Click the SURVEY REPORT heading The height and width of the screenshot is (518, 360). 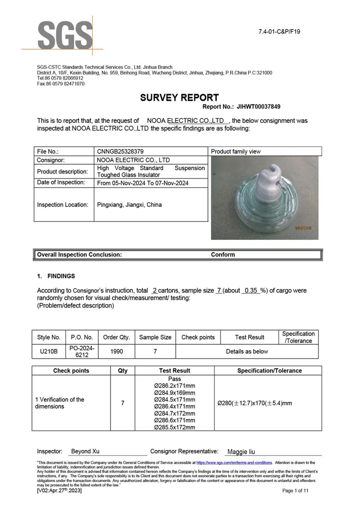179,98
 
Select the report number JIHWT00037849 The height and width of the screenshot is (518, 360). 257,107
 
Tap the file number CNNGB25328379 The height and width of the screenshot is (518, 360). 121,152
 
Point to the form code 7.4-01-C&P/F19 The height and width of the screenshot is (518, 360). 279,32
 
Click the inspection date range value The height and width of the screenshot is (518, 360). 143,183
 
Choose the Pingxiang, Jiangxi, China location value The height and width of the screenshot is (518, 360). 129,205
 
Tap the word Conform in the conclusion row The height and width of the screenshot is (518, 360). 223,255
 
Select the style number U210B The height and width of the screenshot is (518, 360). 49,351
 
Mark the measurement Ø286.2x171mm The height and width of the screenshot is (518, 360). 175,386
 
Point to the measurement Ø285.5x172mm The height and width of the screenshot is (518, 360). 175,427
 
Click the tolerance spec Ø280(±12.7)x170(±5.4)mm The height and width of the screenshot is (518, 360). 254,403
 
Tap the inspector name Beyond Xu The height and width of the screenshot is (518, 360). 85,451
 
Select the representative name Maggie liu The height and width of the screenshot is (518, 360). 241,452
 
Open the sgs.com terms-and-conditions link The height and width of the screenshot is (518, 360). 234,463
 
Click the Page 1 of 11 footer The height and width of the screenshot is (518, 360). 295,491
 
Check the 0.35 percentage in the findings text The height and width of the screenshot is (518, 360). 251,291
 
